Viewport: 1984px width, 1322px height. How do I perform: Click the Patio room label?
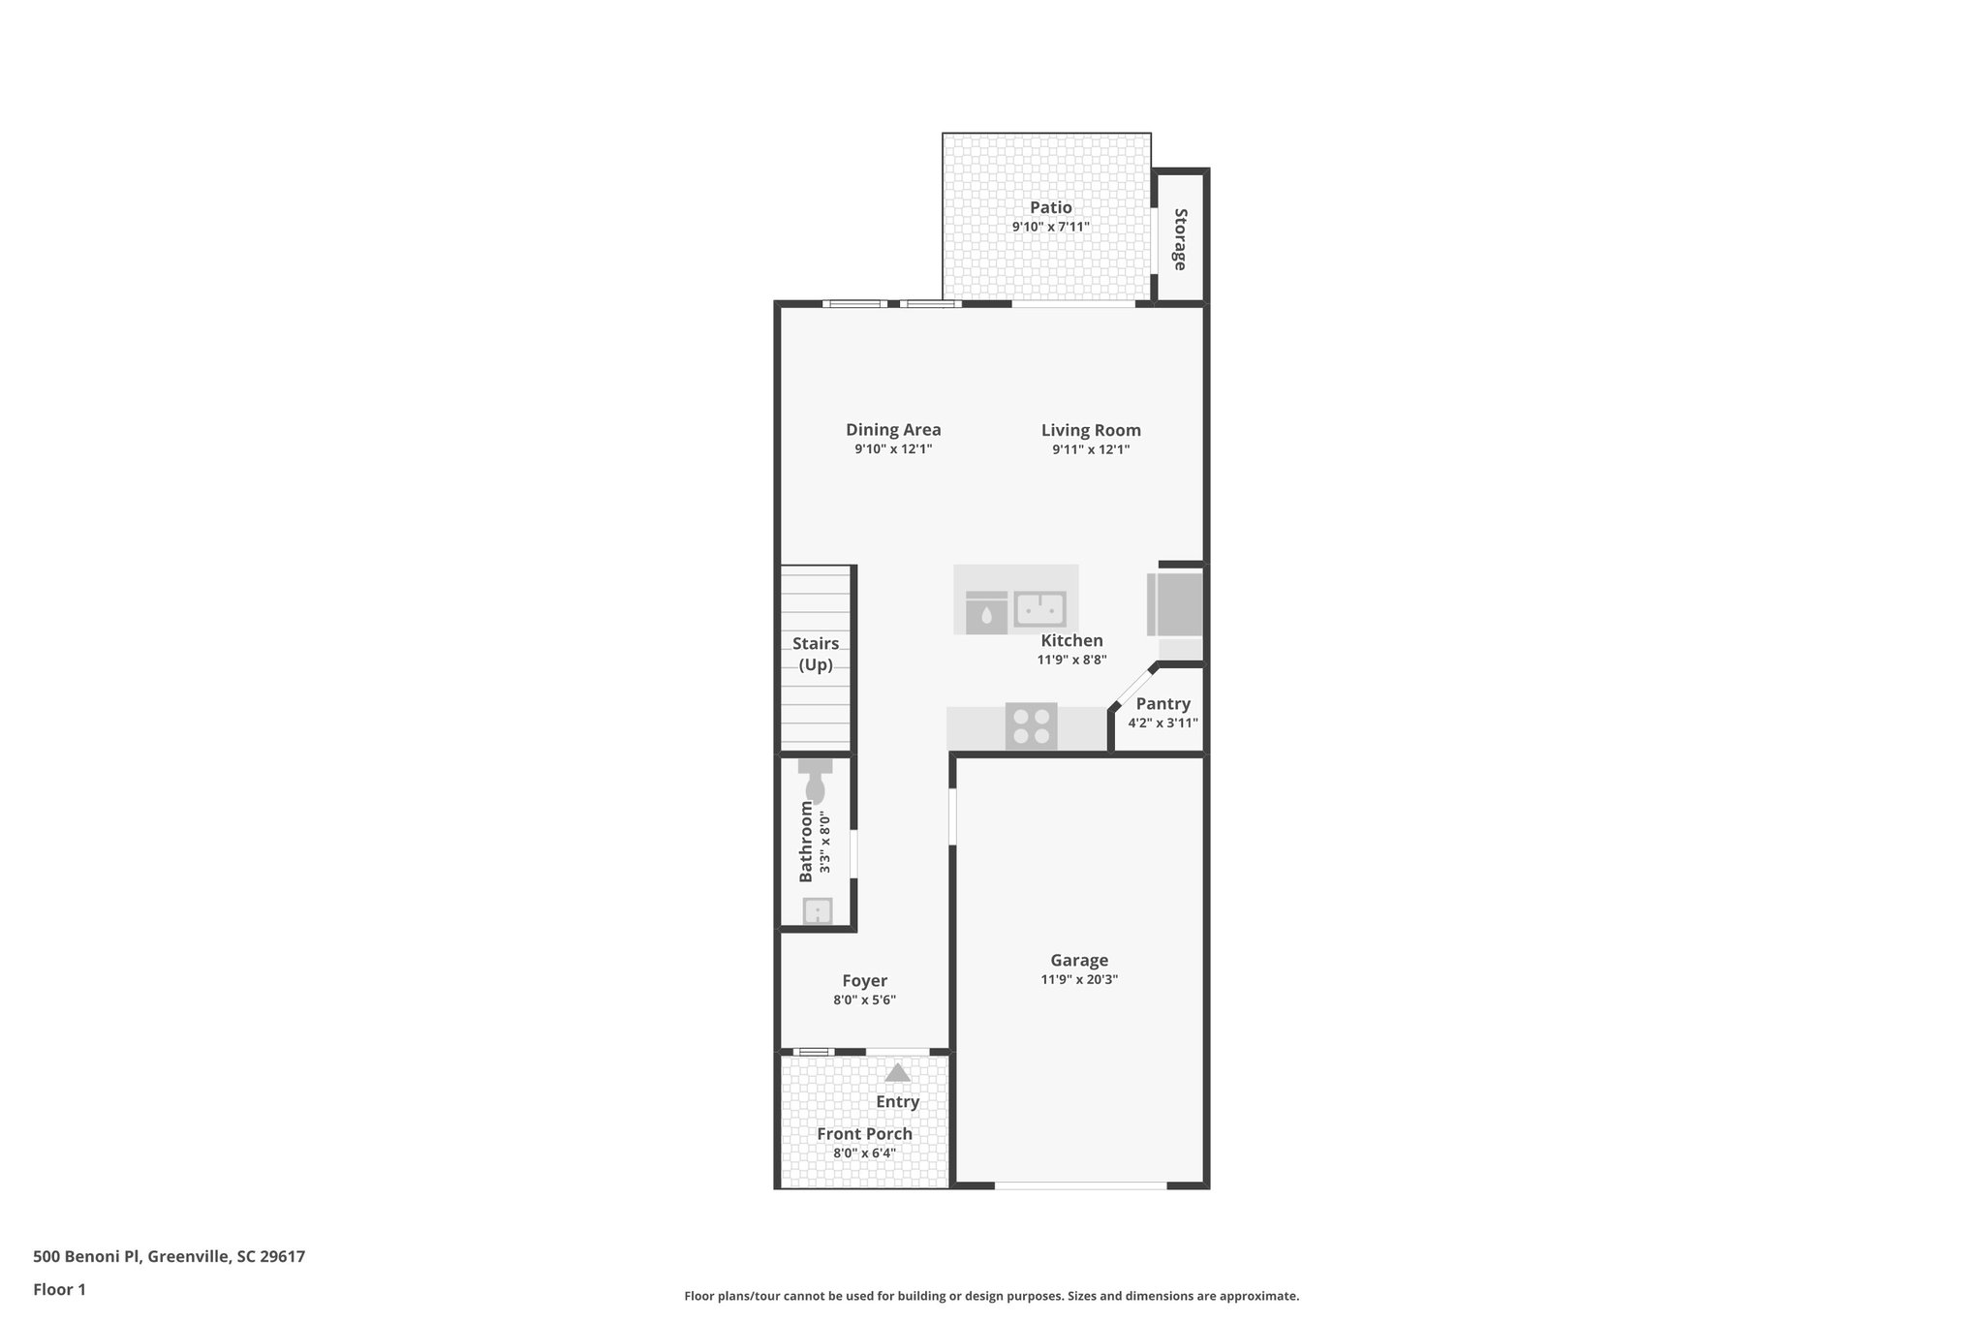1050,207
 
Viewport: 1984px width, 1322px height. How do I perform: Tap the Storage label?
1180,239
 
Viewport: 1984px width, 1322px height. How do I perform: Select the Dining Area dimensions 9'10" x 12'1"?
892,449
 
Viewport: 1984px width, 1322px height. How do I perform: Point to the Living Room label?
1091,430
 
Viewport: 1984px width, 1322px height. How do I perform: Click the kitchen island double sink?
1039,609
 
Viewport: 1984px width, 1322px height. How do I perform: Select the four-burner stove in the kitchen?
1031,726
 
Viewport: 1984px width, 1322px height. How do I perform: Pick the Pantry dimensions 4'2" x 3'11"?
1162,722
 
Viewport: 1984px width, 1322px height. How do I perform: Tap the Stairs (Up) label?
816,654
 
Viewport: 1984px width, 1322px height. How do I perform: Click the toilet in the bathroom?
815,780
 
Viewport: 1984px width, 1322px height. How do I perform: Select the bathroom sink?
818,910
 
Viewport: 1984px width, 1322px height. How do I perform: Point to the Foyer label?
864,981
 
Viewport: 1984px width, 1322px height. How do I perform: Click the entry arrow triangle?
897,1073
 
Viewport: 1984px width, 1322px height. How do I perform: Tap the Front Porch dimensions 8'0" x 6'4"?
864,1153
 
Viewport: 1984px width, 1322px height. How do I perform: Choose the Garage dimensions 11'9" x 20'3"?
1078,979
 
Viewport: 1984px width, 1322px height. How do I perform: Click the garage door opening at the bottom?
1080,1185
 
